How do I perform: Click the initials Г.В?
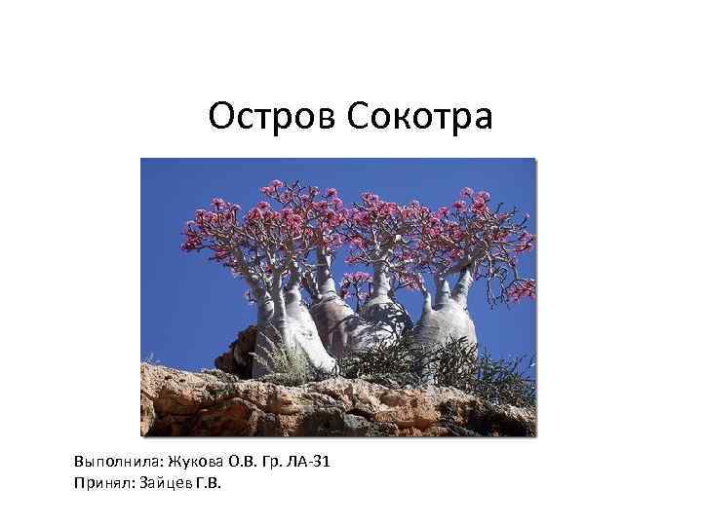click(x=209, y=479)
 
